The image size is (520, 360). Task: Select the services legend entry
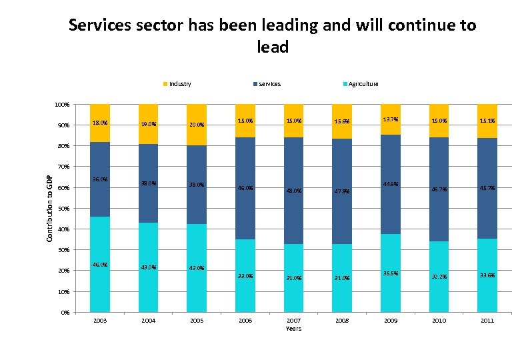[269, 84]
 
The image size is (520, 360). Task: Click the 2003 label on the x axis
[100, 321]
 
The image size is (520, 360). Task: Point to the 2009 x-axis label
[391, 321]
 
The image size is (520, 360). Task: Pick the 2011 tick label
[487, 321]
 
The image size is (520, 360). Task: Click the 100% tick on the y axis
[61, 105]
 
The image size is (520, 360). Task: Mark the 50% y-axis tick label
[63, 209]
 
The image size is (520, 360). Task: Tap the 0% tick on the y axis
[65, 313]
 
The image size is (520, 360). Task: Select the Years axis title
[293, 329]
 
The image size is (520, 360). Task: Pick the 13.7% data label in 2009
[391, 119]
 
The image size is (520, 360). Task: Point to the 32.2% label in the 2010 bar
[439, 277]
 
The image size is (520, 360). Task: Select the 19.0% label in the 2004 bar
[149, 124]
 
